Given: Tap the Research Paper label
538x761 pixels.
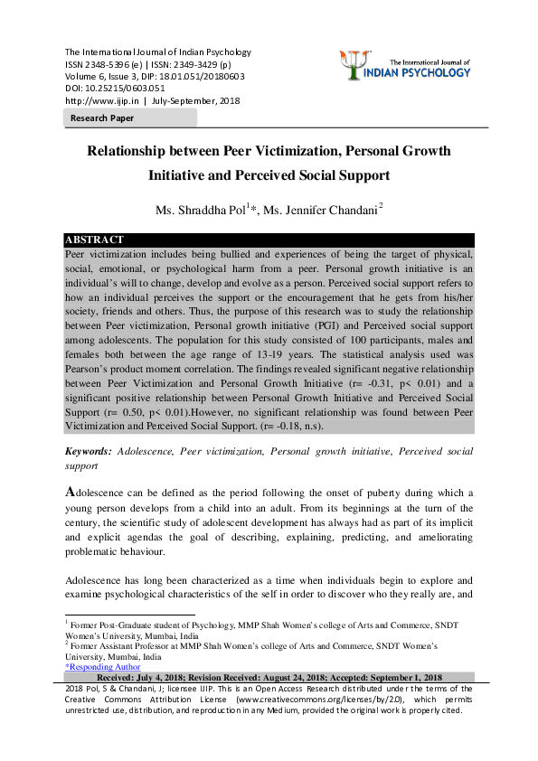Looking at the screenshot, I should point(101,118).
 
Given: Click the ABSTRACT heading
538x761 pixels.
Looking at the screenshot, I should point(94,240).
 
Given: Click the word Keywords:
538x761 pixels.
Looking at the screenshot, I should point(89,450).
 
